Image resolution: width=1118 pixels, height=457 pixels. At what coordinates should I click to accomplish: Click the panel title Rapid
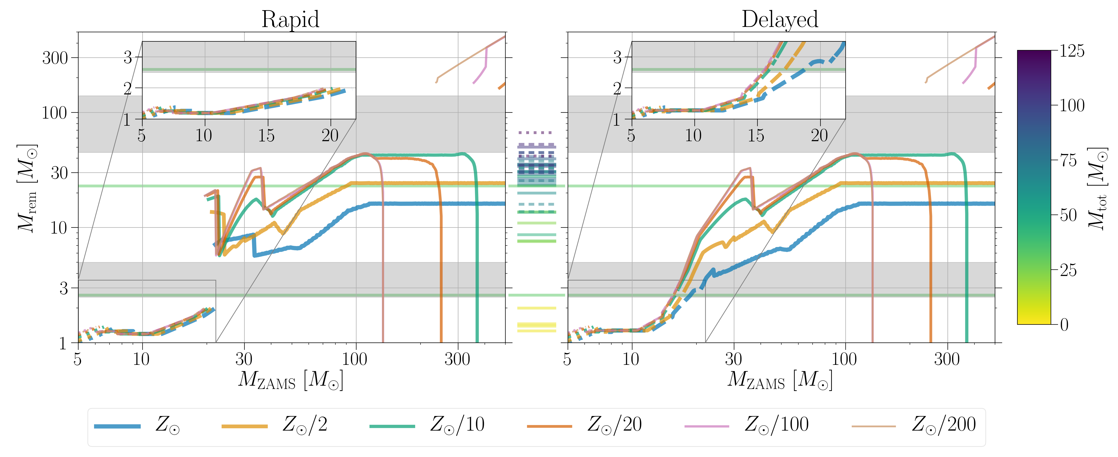point(290,20)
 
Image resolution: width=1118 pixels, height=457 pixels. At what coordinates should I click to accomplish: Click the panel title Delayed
point(780,20)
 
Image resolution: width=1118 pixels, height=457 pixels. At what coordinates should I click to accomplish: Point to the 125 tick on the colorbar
point(1072,51)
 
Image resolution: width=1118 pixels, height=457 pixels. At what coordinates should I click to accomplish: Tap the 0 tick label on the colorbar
point(1064,325)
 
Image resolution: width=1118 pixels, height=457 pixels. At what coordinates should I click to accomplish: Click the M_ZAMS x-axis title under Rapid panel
point(290,380)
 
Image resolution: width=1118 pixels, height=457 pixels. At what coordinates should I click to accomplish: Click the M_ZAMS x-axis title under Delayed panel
point(780,380)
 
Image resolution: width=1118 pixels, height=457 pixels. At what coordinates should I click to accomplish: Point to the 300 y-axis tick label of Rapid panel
point(55,58)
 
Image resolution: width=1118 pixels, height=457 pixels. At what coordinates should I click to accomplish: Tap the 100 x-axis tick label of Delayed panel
point(844,360)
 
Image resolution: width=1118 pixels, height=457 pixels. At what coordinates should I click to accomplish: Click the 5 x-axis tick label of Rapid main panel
point(78,360)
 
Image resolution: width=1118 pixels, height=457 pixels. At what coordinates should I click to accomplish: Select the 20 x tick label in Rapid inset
point(330,136)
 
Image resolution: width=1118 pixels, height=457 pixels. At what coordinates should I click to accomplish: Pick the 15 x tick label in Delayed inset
point(756,136)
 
